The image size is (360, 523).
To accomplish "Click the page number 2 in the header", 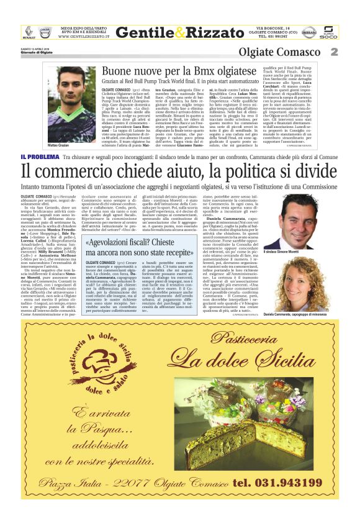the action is [334, 52].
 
